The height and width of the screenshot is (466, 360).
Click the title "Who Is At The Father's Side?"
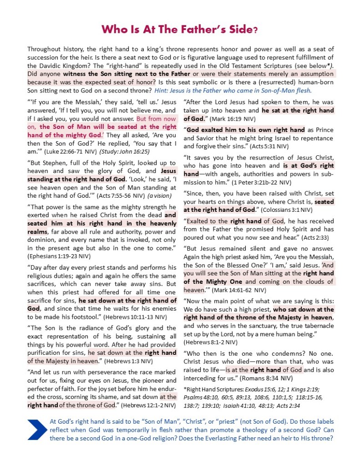coord(180,30)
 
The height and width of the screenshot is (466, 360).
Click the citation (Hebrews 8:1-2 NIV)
coord(210,342)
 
